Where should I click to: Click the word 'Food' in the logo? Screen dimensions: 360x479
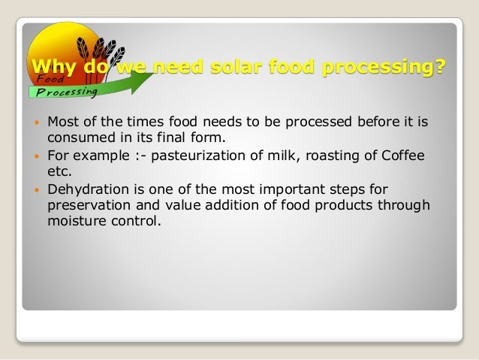point(44,79)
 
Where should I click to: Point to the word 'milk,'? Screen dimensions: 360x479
point(273,156)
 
